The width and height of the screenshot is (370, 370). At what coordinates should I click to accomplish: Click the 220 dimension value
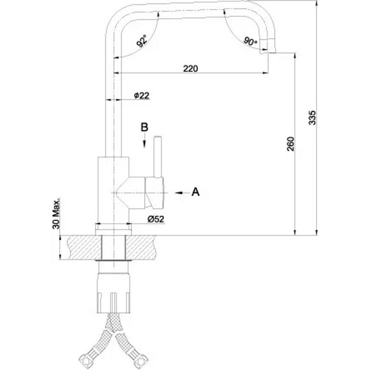(191, 68)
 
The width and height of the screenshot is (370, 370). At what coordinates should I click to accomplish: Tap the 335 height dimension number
(312, 117)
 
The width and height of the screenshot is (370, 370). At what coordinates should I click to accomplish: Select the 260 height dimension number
(290, 144)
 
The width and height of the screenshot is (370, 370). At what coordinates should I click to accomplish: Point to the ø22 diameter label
(142, 96)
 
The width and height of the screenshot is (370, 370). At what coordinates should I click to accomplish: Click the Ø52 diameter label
(156, 219)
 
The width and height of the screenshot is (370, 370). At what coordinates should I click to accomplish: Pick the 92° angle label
(142, 41)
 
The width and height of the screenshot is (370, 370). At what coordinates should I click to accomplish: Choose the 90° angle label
(250, 41)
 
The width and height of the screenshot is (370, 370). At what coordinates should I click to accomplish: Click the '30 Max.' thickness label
(56, 214)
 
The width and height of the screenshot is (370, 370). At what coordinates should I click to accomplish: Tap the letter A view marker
(195, 192)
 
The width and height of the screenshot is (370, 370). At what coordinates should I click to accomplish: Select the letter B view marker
(144, 127)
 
